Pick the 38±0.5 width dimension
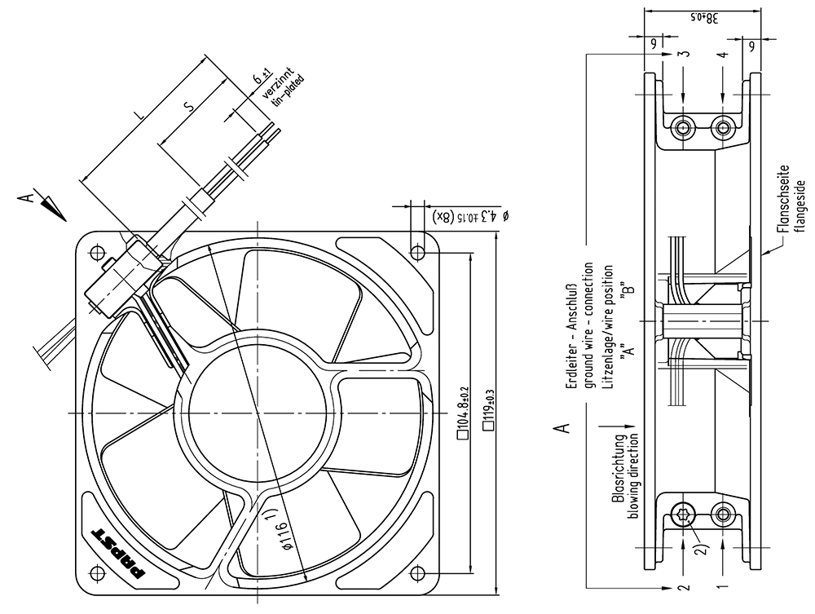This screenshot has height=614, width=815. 704,18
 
